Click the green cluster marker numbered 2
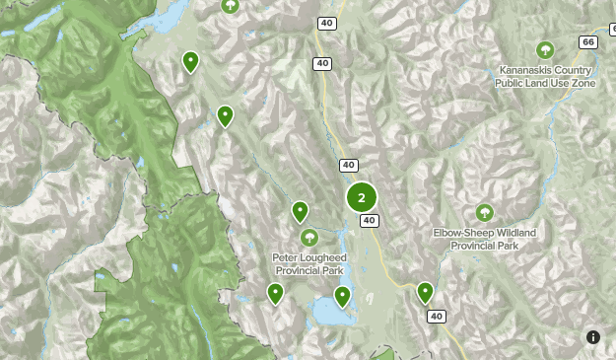point(362,197)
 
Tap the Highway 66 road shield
point(587,42)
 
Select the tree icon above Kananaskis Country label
point(544,49)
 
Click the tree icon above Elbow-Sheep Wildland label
point(484,212)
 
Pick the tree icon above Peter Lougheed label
point(309,237)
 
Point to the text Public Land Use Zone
point(545,84)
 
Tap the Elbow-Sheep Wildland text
point(484,233)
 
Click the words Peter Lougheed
point(308,257)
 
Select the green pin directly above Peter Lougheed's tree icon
point(300,210)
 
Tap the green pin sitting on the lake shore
point(342,295)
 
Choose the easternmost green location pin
point(425,291)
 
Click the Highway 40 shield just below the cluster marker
point(369,221)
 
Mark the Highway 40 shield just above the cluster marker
point(349,165)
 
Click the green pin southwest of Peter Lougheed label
point(275,292)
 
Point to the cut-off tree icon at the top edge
point(231,5)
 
